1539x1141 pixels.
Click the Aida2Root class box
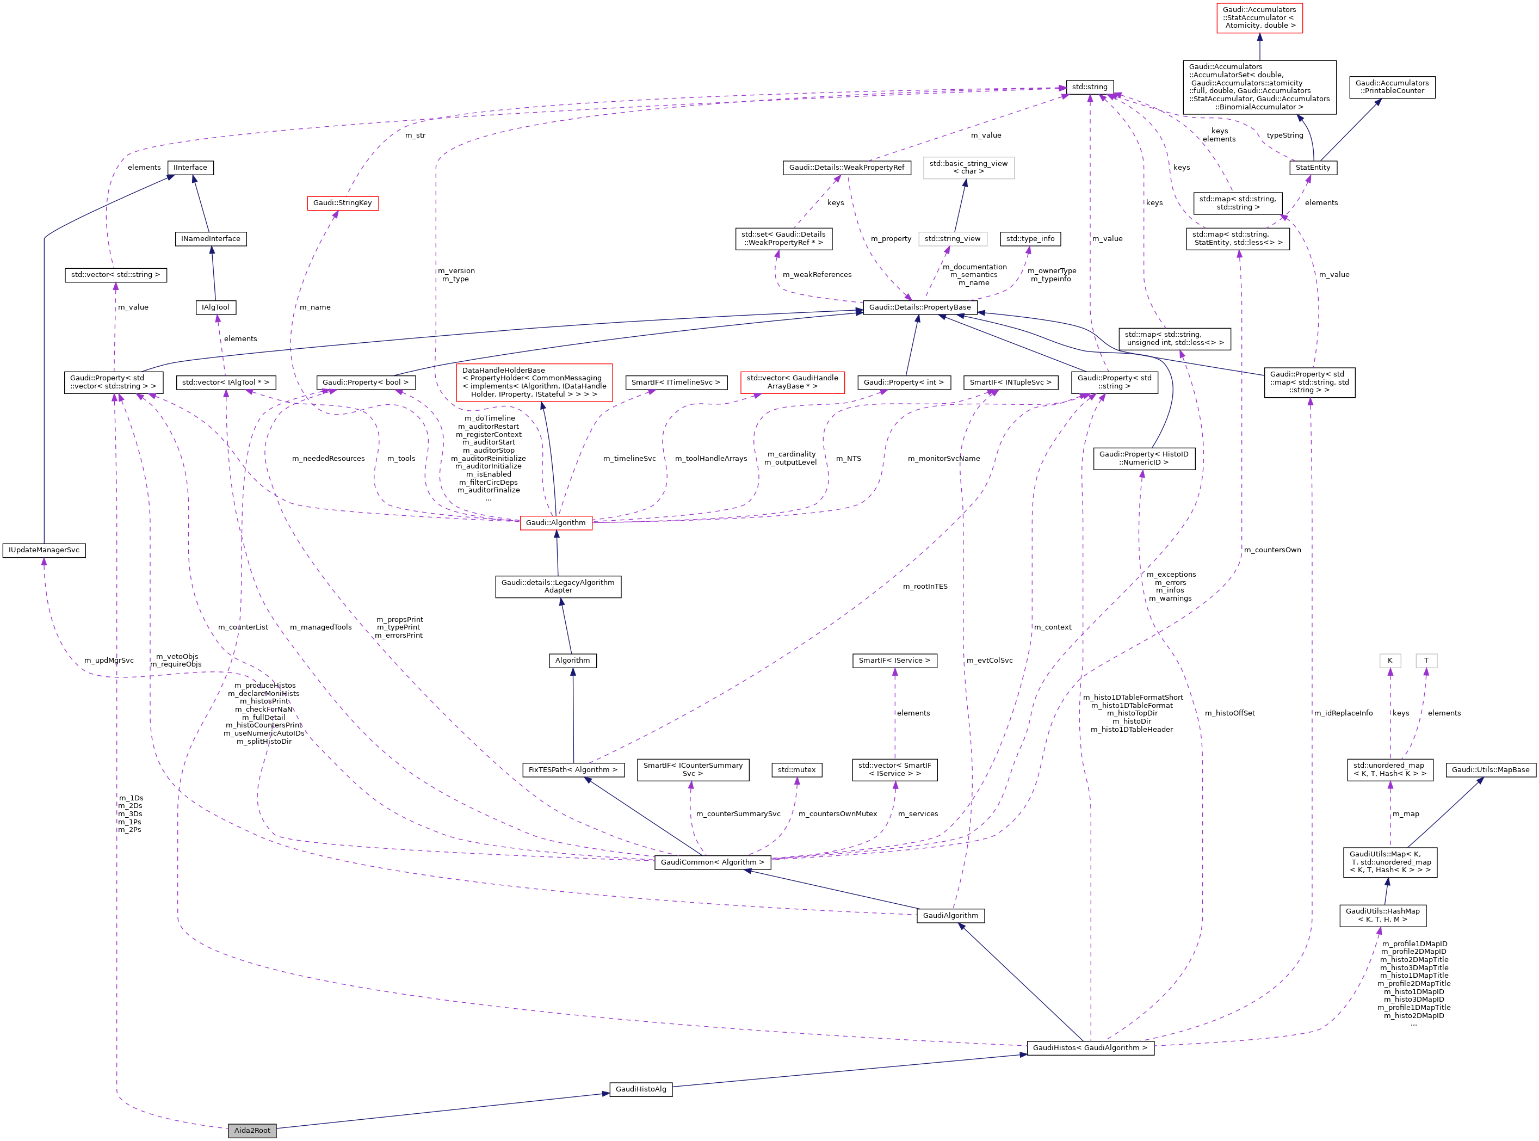click(x=252, y=1130)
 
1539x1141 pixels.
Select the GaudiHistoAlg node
click(x=641, y=1089)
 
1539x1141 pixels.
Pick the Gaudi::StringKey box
click(x=343, y=202)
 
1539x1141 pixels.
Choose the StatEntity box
click(x=1313, y=167)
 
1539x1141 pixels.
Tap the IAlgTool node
click(x=215, y=307)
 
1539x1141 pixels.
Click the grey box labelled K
click(x=1390, y=661)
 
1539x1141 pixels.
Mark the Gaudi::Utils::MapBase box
click(x=1491, y=769)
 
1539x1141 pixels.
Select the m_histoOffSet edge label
click(x=1229, y=713)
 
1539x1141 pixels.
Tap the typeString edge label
click(x=1285, y=135)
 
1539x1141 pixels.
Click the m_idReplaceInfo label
click(x=1343, y=713)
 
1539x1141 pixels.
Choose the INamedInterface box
click(x=211, y=238)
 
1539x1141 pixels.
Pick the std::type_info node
click(x=1030, y=238)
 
